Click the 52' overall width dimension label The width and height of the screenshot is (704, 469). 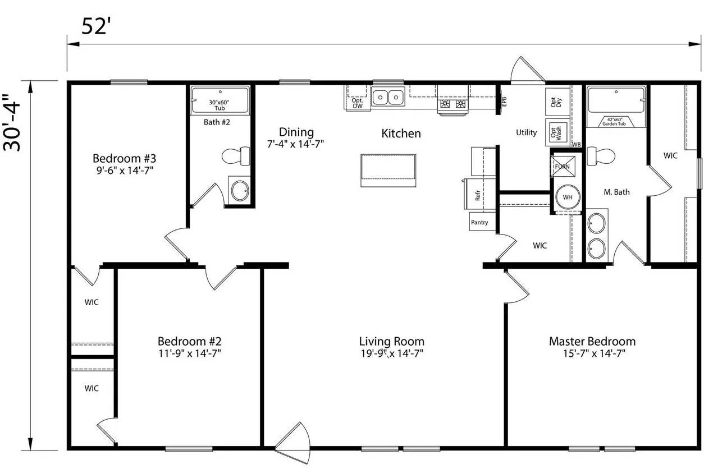pos(95,26)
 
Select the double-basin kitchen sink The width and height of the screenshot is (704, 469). pos(388,97)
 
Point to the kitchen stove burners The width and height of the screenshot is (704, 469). pos(453,104)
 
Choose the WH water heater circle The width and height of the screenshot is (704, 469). pos(567,197)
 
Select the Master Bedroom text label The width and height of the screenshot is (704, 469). pos(592,341)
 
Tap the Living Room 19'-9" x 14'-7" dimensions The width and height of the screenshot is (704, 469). pos(391,353)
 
